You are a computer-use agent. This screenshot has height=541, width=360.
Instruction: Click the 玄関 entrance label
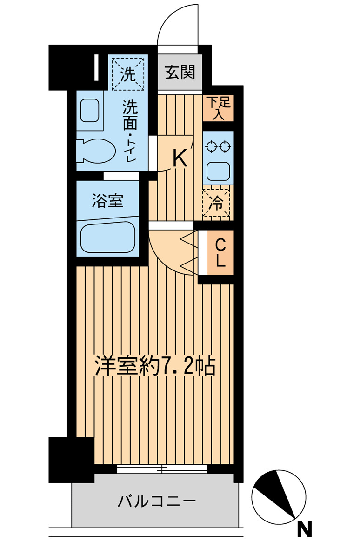click(x=179, y=73)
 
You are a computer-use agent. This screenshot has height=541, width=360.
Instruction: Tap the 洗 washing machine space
click(x=127, y=72)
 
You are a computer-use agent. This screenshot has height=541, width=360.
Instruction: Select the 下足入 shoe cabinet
click(x=218, y=108)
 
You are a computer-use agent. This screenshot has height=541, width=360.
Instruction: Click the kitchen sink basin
click(x=218, y=171)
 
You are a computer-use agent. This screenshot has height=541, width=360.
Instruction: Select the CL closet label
click(x=220, y=251)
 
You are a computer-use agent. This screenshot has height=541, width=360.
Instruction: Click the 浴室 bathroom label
click(x=107, y=201)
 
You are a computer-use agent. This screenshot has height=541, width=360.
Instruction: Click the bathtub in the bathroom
click(x=107, y=237)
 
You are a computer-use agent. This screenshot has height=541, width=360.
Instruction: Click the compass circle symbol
click(x=279, y=495)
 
